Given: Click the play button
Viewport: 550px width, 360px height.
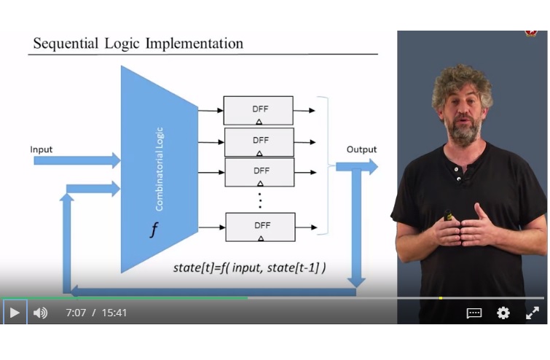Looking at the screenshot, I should click(x=15, y=313).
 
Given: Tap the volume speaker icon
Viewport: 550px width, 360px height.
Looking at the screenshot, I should click(x=41, y=313).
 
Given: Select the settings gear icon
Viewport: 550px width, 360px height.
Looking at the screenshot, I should click(x=503, y=313).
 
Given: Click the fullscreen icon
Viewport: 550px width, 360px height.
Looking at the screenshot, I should click(x=532, y=313).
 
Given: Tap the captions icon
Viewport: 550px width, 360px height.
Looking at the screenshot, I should click(x=474, y=313).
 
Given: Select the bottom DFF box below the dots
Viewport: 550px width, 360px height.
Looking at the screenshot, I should click(x=260, y=227).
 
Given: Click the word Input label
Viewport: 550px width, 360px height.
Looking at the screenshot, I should click(x=42, y=149).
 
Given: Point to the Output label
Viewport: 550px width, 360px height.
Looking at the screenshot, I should click(x=361, y=149).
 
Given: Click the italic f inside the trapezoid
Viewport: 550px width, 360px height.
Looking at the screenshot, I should click(x=154, y=230).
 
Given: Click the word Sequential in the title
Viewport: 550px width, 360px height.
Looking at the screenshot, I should click(x=66, y=43).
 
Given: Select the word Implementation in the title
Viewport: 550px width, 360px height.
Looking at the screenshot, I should click(x=194, y=43).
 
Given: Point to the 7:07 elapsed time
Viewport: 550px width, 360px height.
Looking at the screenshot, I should click(x=76, y=313).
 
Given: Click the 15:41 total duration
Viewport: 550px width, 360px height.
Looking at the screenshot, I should click(x=114, y=313).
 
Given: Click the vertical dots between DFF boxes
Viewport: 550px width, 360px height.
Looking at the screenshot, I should click(x=260, y=198).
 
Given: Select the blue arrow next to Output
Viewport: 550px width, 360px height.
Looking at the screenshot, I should click(x=357, y=167).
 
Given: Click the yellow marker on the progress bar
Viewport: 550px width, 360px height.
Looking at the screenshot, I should click(x=441, y=298).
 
